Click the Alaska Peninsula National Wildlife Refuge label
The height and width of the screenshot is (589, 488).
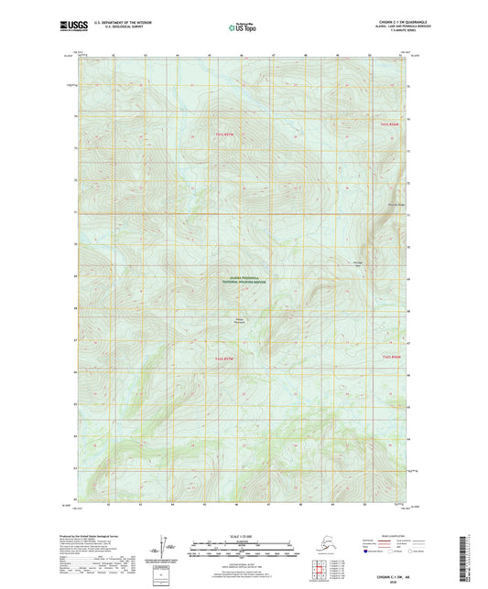242,282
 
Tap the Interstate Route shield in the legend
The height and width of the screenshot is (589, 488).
368,552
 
